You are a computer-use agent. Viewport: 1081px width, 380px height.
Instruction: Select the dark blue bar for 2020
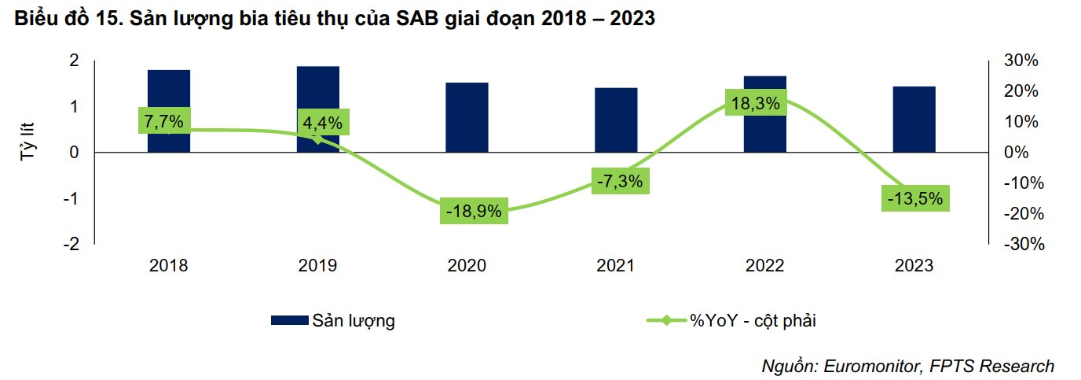[x=467, y=117]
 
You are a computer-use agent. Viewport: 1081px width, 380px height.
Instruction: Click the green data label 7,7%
[x=163, y=121]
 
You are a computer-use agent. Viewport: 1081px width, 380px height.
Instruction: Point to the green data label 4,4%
[x=323, y=124]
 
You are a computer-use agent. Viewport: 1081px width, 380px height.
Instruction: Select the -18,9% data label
[x=473, y=212]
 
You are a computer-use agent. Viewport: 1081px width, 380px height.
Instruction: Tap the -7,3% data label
[x=621, y=181]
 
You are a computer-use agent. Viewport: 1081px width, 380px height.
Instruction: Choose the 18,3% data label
[x=755, y=103]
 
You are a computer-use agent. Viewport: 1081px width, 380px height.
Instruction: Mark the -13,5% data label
[x=914, y=198]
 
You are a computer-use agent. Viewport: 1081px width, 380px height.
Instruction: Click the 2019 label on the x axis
[x=317, y=266]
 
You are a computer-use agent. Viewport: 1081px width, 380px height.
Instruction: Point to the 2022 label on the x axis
[x=764, y=266]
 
